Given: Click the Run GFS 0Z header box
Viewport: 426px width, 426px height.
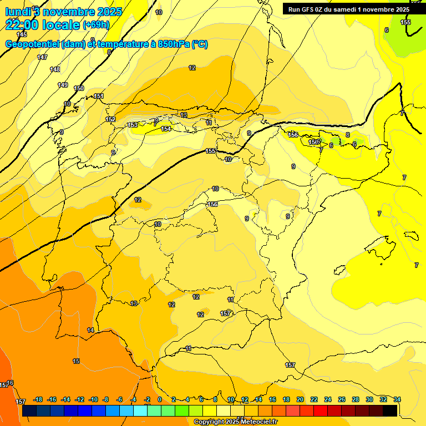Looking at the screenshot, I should coord(347,9).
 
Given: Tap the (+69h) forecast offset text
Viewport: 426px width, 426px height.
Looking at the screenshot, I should coord(96,24).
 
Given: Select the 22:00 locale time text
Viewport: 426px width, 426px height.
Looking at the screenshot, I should coord(42,24).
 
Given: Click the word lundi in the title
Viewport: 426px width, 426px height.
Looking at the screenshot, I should coord(17,11).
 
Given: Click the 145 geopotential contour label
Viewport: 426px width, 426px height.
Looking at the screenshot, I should coord(22,34).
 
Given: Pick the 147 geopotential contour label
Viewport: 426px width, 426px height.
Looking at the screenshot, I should coord(42,57).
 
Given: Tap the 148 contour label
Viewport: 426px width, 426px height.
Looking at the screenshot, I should coord(55,69).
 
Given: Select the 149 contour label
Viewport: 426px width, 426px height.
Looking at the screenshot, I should coord(63,85).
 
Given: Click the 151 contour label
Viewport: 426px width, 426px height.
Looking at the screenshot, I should coord(99,96).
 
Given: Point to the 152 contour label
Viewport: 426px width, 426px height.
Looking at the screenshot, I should coord(110,119).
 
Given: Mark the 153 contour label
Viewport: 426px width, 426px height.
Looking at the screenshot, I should coord(133,125).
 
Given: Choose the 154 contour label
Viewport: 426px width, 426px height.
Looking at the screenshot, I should coord(166,129).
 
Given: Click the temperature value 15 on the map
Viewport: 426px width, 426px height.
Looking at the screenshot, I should coord(76,361).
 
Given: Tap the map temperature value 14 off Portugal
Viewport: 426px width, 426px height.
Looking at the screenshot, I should coord(90,330).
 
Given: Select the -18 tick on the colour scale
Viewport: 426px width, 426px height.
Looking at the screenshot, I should coord(38,399).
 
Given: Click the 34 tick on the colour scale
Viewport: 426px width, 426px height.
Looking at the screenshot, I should coord(397,399).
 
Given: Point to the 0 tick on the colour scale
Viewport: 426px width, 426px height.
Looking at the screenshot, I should coord(160,399).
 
